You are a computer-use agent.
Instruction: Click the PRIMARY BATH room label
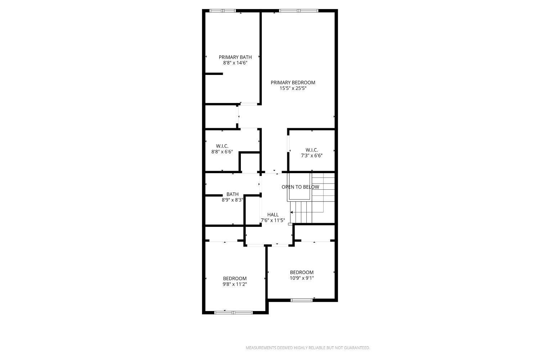pos(235,57)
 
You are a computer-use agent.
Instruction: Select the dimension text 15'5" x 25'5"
pos(293,88)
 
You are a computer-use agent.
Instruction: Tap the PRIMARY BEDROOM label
pos(293,82)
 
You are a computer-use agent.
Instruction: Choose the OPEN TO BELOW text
pos(300,187)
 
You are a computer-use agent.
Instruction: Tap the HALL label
pos(273,215)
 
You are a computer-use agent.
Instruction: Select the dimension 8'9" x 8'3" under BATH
pos(233,200)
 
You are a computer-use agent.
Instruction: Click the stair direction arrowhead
pos(292,212)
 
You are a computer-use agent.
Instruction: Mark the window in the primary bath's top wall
pos(222,10)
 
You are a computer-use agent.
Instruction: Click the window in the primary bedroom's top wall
pos(299,10)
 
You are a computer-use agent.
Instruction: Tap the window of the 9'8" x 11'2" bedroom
pos(233,313)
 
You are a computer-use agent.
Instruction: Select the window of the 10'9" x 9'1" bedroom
pos(301,300)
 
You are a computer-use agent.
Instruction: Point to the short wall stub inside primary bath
pos(214,74)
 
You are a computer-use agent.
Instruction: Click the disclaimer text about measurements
pos(307,348)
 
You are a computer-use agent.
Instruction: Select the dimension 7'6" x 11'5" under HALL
pos(273,220)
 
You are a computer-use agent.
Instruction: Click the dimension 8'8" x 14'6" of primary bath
pos(235,63)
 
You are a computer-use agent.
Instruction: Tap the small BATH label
pos(233,194)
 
